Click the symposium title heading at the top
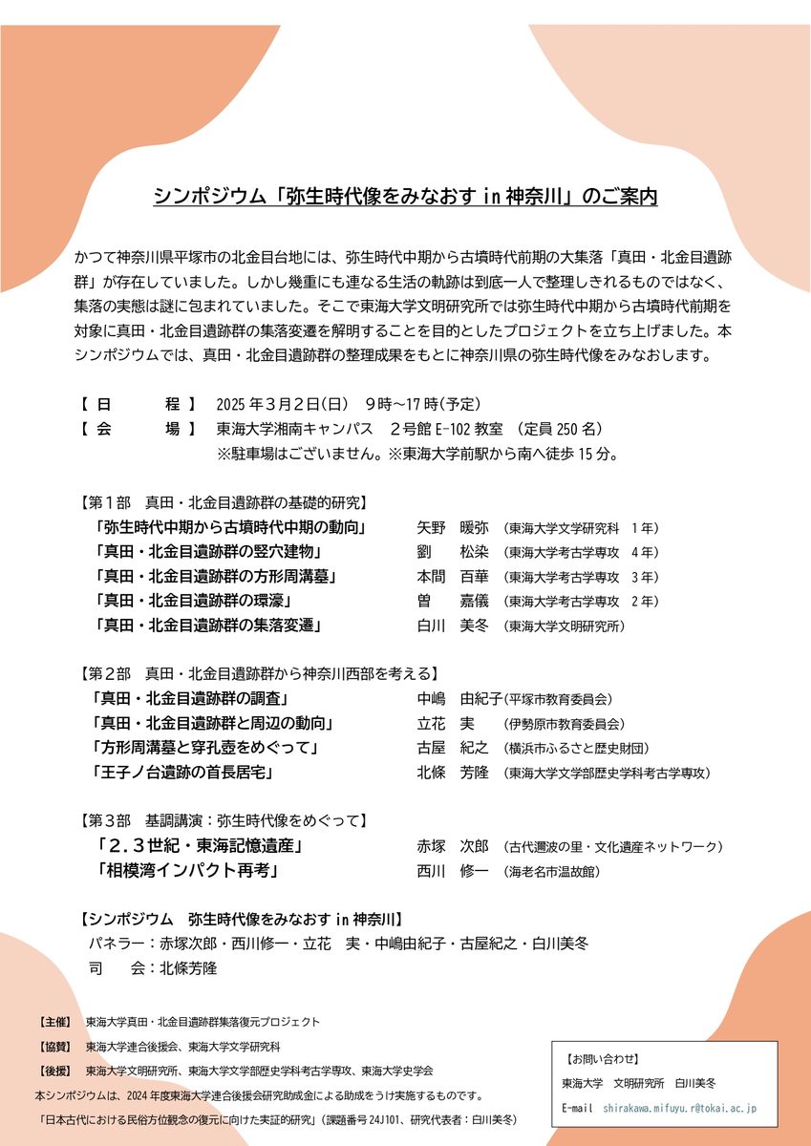click(x=405, y=198)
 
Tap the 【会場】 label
click(x=138, y=429)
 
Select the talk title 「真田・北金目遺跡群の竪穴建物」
click(x=207, y=552)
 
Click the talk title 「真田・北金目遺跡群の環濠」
click(x=193, y=601)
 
